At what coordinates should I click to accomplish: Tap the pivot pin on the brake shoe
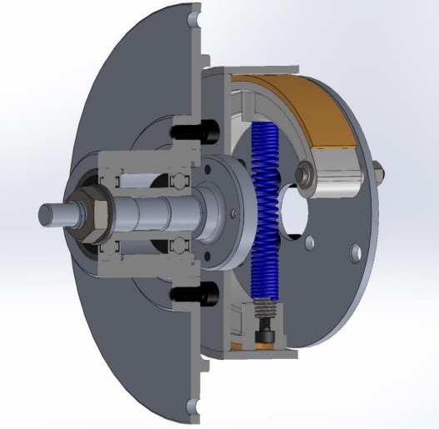[x=309, y=174]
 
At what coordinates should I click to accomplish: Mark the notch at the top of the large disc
[x=194, y=16]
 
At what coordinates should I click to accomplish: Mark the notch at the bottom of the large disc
[x=194, y=407]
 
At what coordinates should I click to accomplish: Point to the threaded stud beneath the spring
[x=264, y=316]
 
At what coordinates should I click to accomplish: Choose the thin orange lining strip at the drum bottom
[x=250, y=344]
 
